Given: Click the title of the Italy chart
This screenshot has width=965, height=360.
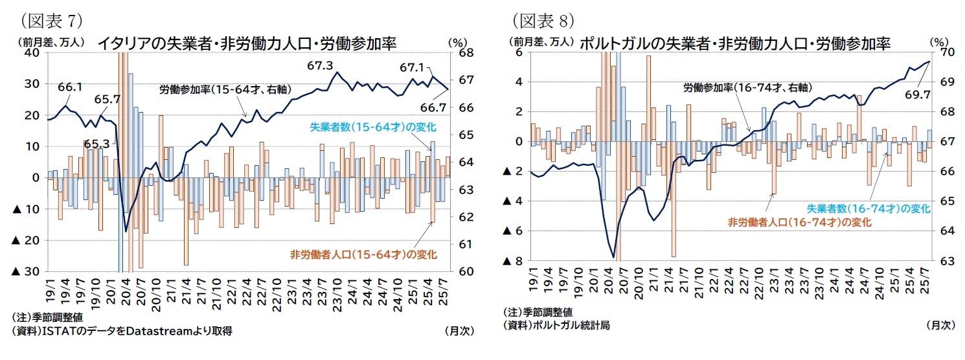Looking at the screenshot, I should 246,43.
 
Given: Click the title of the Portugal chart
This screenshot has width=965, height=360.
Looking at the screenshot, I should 735,43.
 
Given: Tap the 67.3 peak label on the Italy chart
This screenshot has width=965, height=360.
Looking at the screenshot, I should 320,65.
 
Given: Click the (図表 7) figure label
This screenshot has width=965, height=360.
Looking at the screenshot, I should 52,21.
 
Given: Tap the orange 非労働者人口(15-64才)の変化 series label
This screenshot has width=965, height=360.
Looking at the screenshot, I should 363,253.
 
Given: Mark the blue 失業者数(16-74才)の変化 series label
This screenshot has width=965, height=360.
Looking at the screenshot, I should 868,208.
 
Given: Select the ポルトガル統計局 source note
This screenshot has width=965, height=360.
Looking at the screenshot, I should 556,325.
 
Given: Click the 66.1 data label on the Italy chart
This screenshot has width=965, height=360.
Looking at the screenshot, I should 69,87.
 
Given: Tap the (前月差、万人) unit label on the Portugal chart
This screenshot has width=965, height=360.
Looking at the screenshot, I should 543,41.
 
